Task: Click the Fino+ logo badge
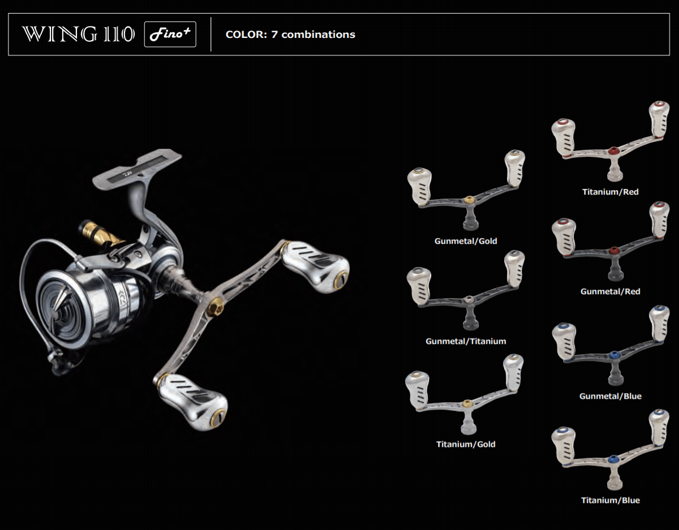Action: pyautogui.click(x=170, y=35)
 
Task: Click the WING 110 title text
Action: pyautogui.click(x=78, y=35)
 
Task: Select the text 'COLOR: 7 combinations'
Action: pyautogui.click(x=290, y=35)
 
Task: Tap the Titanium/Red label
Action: pyautogui.click(x=611, y=192)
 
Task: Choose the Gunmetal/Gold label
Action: pyautogui.click(x=466, y=241)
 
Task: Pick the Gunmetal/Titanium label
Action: pyautogui.click(x=466, y=341)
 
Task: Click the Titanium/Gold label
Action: pyautogui.click(x=466, y=444)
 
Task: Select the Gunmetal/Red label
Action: pyautogui.click(x=611, y=291)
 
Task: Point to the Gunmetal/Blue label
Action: pyautogui.click(x=611, y=396)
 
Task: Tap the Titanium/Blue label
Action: pyautogui.click(x=611, y=501)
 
